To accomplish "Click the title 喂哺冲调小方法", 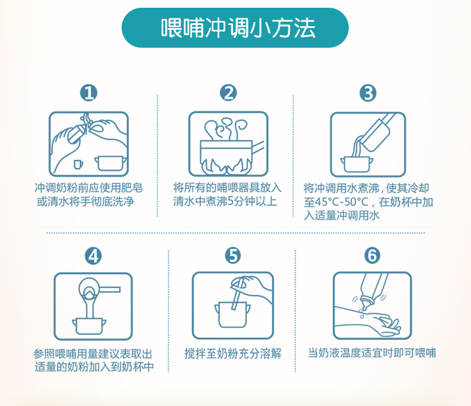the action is click(x=238, y=28).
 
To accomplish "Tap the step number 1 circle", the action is click(x=89, y=93).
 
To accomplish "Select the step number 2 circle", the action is click(x=228, y=93).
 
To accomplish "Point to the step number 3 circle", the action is click(x=368, y=93).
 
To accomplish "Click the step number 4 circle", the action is click(x=93, y=256).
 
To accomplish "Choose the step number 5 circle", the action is click(x=233, y=256).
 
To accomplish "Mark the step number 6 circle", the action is click(x=372, y=256).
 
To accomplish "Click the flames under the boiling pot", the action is click(x=227, y=166).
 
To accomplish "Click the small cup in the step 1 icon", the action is click(x=78, y=165).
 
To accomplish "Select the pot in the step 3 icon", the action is click(x=357, y=165).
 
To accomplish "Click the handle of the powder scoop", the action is click(x=110, y=290).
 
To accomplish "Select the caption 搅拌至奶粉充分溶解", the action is click(x=233, y=354).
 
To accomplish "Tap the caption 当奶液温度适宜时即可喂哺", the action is click(x=372, y=353).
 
